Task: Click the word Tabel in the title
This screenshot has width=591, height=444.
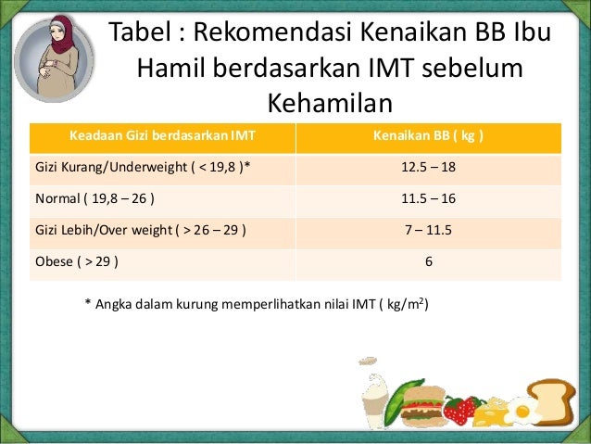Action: click(x=141, y=33)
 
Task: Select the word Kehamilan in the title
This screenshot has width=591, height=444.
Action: click(x=330, y=102)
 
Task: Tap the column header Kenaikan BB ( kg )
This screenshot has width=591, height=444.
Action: click(x=428, y=137)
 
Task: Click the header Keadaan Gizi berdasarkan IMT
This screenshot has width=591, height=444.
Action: click(x=163, y=137)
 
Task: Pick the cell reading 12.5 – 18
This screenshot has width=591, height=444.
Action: click(x=429, y=169)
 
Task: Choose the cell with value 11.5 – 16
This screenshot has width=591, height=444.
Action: click(x=429, y=199)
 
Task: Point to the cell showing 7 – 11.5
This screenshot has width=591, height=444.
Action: click(x=429, y=230)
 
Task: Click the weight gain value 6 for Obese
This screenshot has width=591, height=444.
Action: click(x=429, y=261)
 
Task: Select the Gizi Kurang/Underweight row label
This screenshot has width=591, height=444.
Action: click(x=143, y=169)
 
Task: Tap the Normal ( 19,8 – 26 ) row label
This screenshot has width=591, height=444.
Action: click(x=94, y=199)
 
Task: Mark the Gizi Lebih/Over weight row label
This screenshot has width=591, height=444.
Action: click(x=140, y=230)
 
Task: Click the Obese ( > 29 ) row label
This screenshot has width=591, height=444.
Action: click(x=76, y=261)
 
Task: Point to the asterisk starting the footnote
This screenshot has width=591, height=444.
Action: click(x=87, y=304)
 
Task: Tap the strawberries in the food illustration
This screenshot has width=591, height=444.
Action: click(x=460, y=408)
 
